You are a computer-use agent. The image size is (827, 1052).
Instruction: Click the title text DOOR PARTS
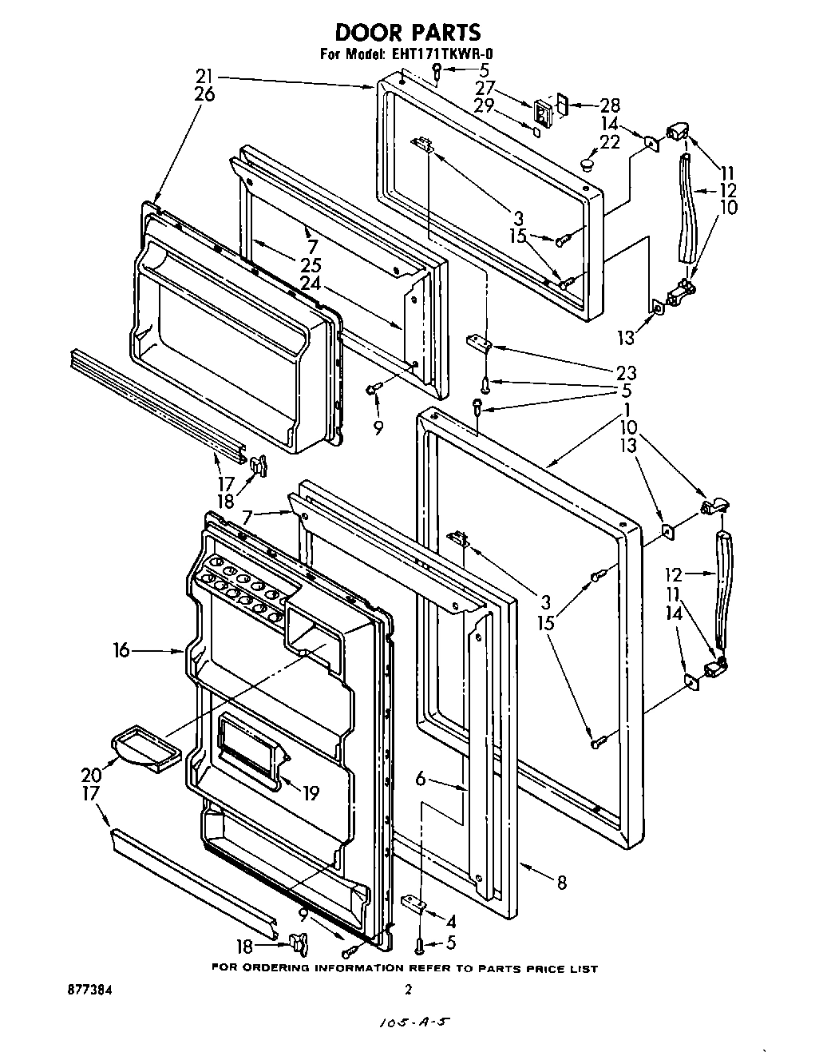[x=408, y=32]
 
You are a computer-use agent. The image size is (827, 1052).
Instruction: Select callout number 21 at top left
[x=204, y=77]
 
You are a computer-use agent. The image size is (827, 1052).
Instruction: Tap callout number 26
[x=204, y=94]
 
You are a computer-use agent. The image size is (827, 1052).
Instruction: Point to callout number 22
[x=610, y=141]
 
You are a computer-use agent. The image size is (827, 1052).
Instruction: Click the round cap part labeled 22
[x=588, y=165]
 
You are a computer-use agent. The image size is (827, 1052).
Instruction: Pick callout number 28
[x=610, y=105]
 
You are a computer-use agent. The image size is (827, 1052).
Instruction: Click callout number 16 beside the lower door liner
[x=121, y=652]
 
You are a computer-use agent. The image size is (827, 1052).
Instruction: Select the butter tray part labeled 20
[x=144, y=748]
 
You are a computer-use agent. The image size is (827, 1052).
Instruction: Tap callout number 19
[x=310, y=793]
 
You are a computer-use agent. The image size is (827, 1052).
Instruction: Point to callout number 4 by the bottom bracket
[x=451, y=919]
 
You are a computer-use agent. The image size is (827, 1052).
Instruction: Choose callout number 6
[x=421, y=779]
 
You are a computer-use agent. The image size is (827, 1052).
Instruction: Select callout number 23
[x=626, y=371]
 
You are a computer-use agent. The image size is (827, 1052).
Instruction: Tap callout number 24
[x=310, y=283]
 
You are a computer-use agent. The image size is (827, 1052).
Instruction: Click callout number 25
[x=310, y=265]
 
